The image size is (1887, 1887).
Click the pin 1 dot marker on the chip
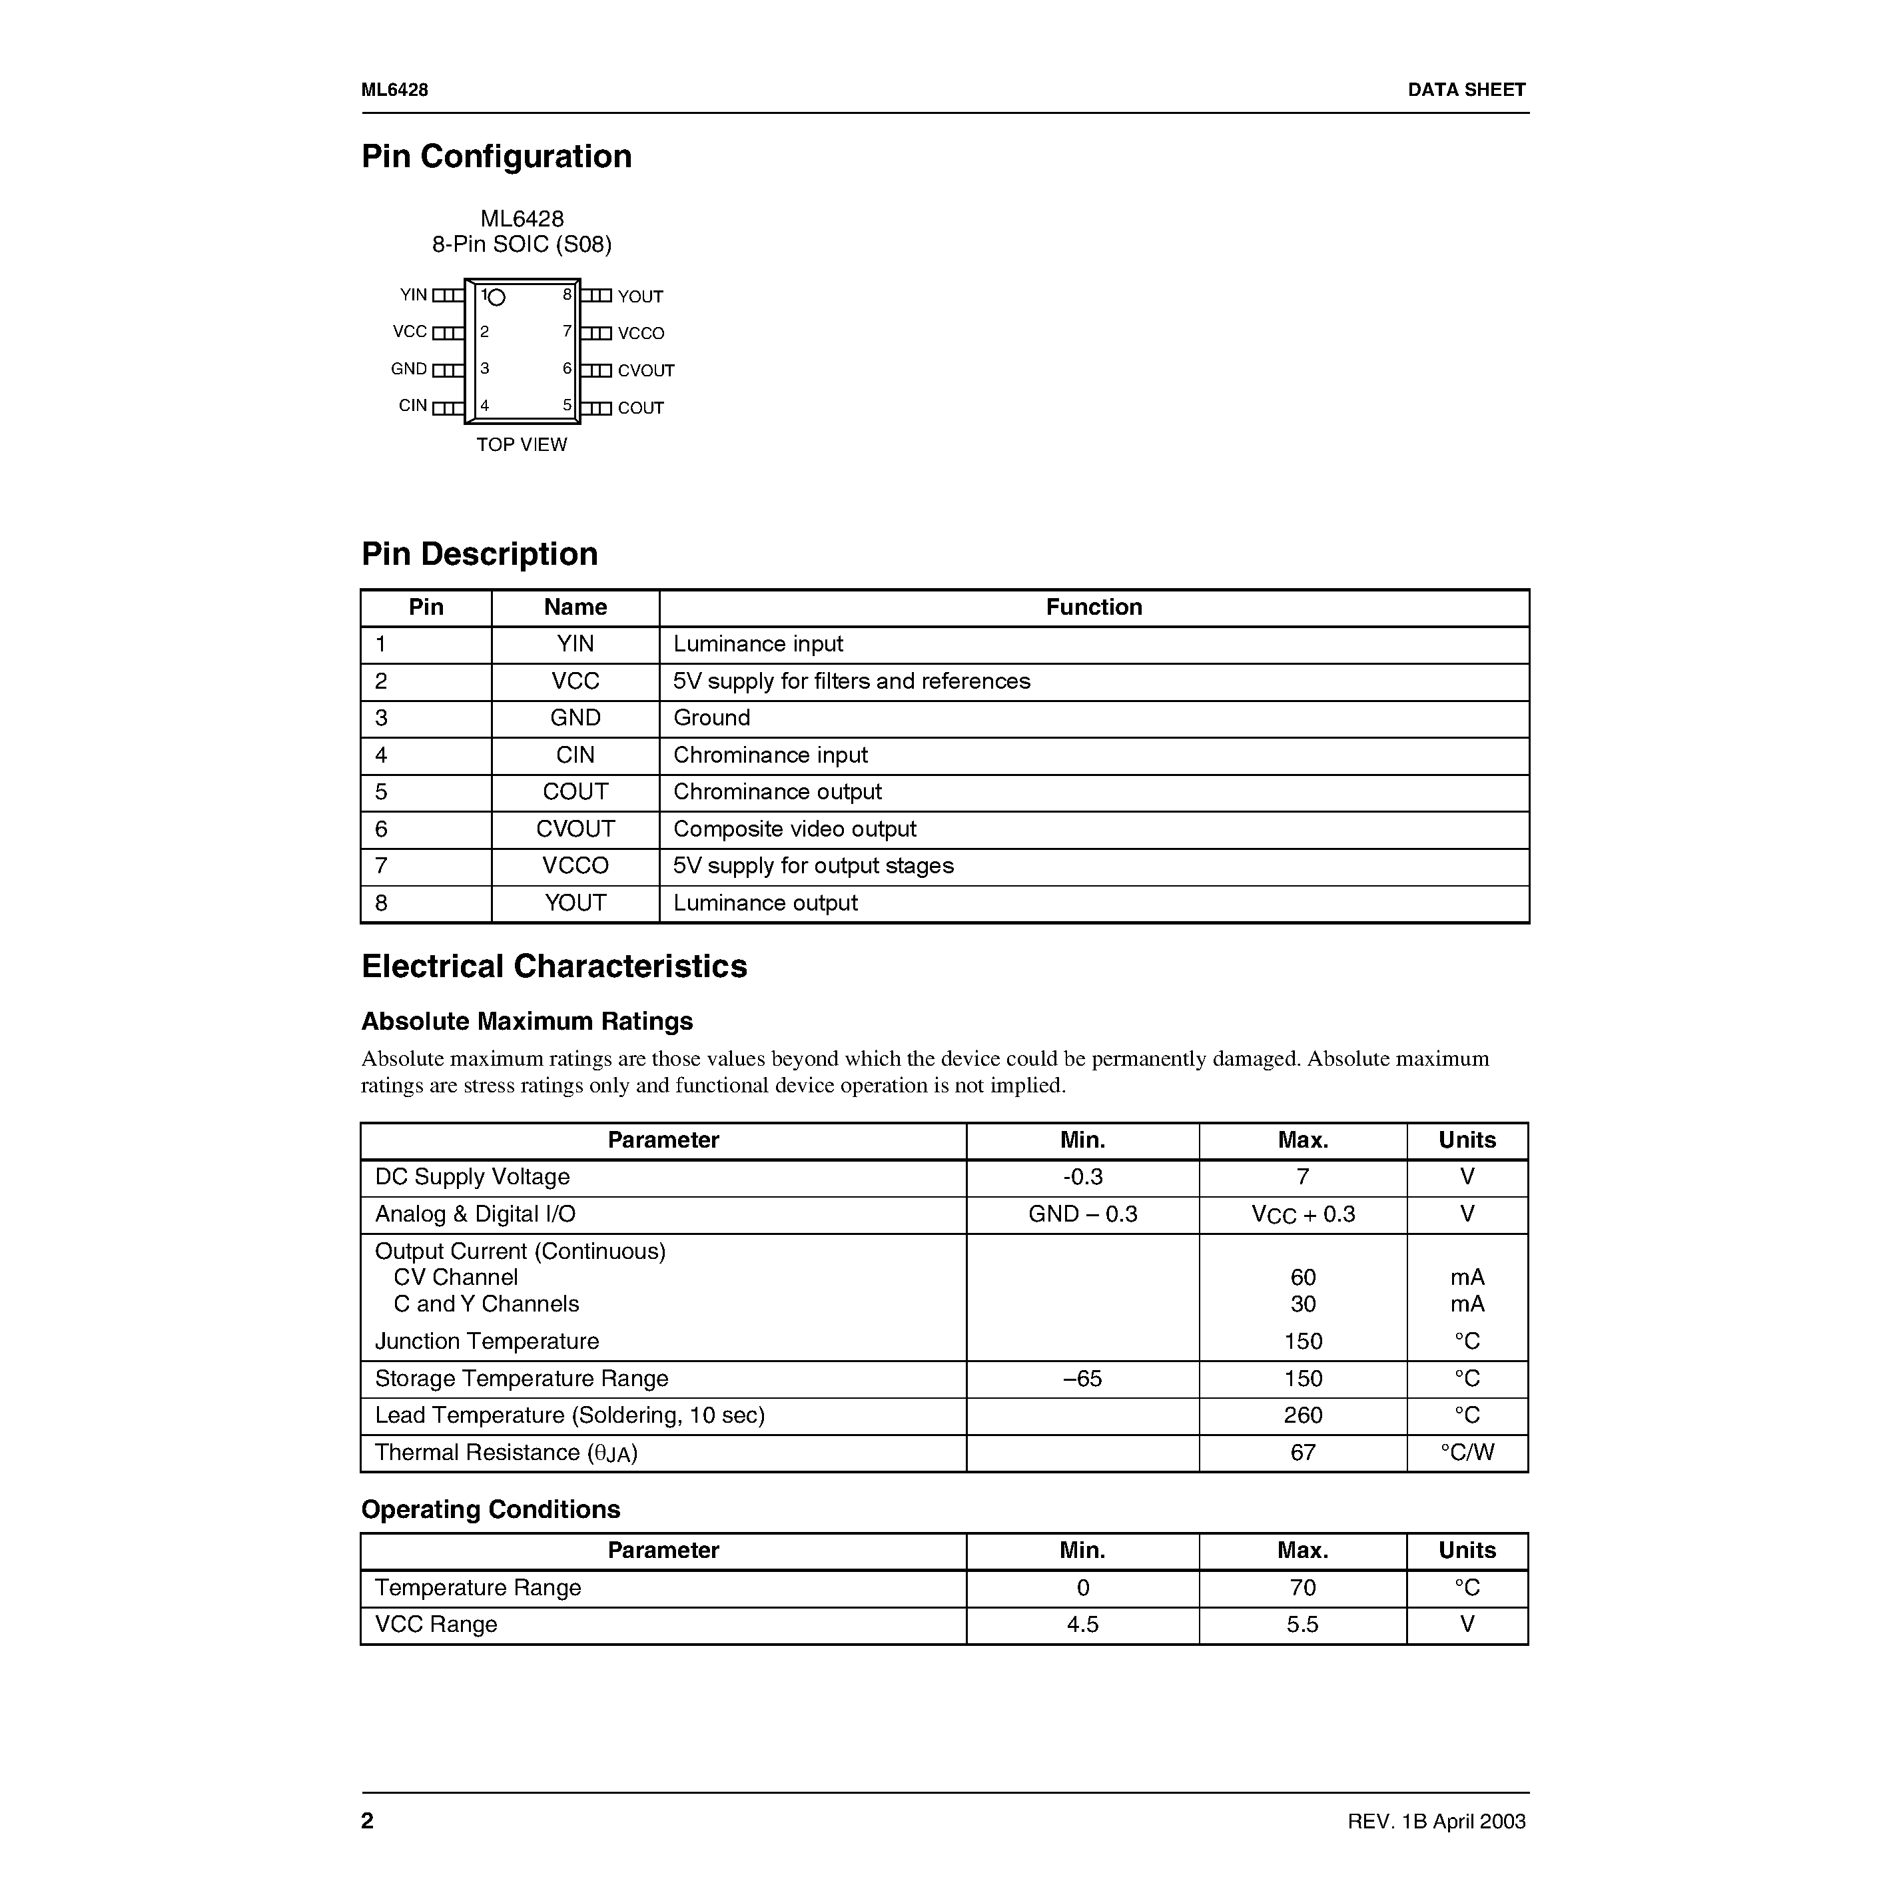pyautogui.click(x=497, y=297)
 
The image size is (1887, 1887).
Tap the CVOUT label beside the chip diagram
pyautogui.click(x=645, y=371)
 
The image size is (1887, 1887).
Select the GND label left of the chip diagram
pyautogui.click(x=408, y=369)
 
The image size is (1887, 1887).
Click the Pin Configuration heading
pyautogui.click(x=496, y=157)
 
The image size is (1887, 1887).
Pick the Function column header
pyautogui.click(x=1093, y=607)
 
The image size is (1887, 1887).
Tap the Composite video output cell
pyautogui.click(x=794, y=829)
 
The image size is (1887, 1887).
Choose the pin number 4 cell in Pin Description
pyautogui.click(x=381, y=755)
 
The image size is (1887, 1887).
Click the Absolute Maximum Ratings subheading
pyautogui.click(x=526, y=1022)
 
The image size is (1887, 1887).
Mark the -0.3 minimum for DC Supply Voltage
pyautogui.click(x=1082, y=1177)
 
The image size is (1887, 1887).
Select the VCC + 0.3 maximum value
pyautogui.click(x=1303, y=1215)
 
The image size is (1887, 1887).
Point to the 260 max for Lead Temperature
pyautogui.click(x=1303, y=1415)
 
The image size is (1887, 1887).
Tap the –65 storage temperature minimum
pyautogui.click(x=1082, y=1378)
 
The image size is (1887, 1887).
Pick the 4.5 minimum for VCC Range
pyautogui.click(x=1082, y=1625)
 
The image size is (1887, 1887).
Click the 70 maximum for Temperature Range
pyautogui.click(x=1303, y=1587)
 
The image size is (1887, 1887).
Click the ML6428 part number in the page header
pyautogui.click(x=394, y=90)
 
